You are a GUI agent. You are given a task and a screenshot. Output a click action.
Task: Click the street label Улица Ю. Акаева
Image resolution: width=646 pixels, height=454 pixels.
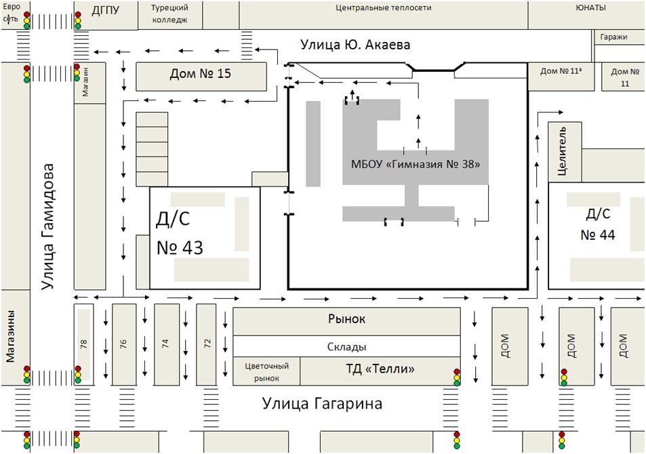[355, 44]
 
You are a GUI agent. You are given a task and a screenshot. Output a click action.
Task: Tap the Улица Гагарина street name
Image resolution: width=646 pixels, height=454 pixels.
[322, 403]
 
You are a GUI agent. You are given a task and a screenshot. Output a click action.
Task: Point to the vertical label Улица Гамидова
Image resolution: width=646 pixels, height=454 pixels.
[48, 227]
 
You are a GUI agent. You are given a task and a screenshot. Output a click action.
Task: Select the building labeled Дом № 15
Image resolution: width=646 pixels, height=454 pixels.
[201, 77]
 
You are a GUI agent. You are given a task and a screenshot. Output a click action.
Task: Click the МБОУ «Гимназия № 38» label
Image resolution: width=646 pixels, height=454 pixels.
[416, 165]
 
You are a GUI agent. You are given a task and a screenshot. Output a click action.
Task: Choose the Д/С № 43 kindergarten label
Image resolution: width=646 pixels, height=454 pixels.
[180, 233]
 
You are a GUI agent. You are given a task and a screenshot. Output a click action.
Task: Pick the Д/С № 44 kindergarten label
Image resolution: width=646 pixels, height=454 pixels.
[598, 224]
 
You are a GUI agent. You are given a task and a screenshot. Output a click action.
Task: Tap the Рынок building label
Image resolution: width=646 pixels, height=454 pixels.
[346, 319]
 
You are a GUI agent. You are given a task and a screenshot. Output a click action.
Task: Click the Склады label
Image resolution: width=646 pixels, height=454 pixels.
[346, 347]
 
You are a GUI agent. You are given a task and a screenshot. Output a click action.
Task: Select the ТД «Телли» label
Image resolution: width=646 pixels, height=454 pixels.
[380, 369]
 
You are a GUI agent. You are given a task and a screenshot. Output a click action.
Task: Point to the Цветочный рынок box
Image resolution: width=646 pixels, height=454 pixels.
[266, 371]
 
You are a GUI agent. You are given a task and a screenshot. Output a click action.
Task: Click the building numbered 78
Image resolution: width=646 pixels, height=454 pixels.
[83, 344]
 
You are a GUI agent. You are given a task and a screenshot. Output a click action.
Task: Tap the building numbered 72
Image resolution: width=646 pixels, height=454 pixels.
[206, 344]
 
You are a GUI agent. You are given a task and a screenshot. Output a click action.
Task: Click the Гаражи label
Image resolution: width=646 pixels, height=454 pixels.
[613, 37]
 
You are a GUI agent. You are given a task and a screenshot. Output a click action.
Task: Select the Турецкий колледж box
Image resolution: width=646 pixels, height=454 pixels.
[169, 15]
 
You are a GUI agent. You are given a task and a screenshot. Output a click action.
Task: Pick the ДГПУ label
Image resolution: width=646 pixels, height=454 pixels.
[106, 10]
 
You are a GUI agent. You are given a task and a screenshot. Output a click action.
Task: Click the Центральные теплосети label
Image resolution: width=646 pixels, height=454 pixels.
[383, 8]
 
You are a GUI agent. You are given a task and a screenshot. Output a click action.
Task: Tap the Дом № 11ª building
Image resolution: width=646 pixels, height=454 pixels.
[561, 77]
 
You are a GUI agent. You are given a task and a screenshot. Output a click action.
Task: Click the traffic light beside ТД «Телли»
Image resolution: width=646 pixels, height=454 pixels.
[456, 377]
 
